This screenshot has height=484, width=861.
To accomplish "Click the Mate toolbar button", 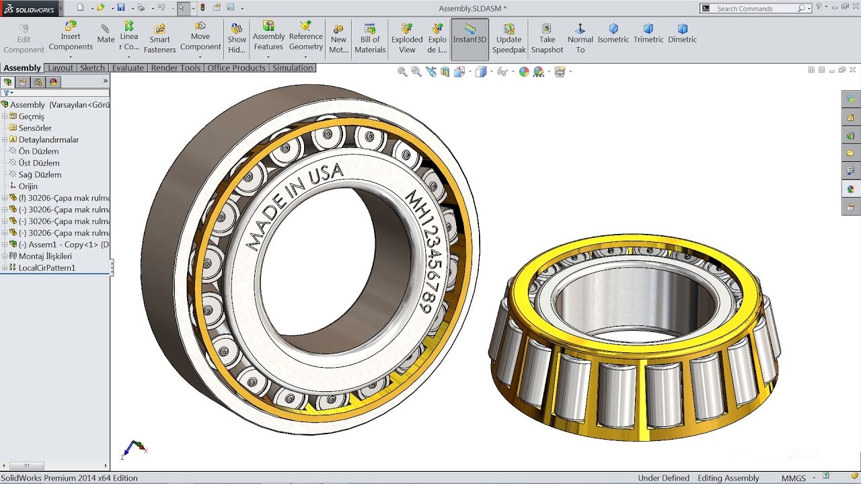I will click(x=106, y=34).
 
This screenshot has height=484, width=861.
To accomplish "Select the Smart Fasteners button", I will click(x=159, y=38).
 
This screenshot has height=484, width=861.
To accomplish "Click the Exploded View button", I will click(x=407, y=38).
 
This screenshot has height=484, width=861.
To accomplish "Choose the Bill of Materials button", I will click(x=370, y=38).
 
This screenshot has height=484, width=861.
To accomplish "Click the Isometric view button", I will click(x=613, y=34).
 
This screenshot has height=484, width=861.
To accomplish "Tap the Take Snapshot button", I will click(x=547, y=38).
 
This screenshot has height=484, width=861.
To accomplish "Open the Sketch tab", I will click(x=92, y=68).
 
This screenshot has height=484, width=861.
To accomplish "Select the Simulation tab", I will click(x=293, y=68).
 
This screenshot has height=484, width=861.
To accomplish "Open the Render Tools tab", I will click(x=176, y=68).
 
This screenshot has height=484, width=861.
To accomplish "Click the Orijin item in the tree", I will click(x=28, y=186).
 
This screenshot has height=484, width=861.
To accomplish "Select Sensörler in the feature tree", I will click(x=35, y=128).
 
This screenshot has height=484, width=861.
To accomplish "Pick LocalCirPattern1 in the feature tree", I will click(x=47, y=268).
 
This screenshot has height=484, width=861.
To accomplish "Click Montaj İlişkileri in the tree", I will click(x=45, y=256).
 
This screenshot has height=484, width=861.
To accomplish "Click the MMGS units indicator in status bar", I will click(x=794, y=478).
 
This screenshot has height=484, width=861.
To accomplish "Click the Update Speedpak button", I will click(x=509, y=38).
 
